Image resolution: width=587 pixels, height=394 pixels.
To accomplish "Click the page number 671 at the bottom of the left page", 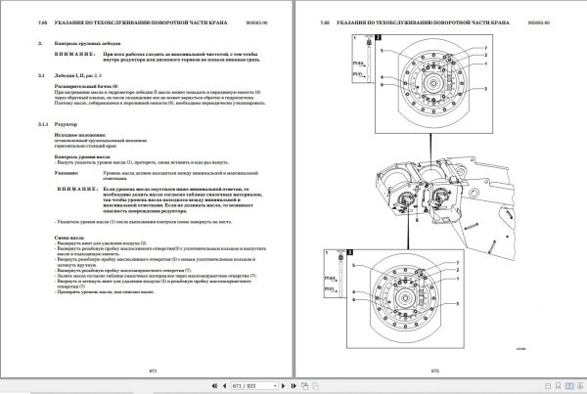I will [152, 372].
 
